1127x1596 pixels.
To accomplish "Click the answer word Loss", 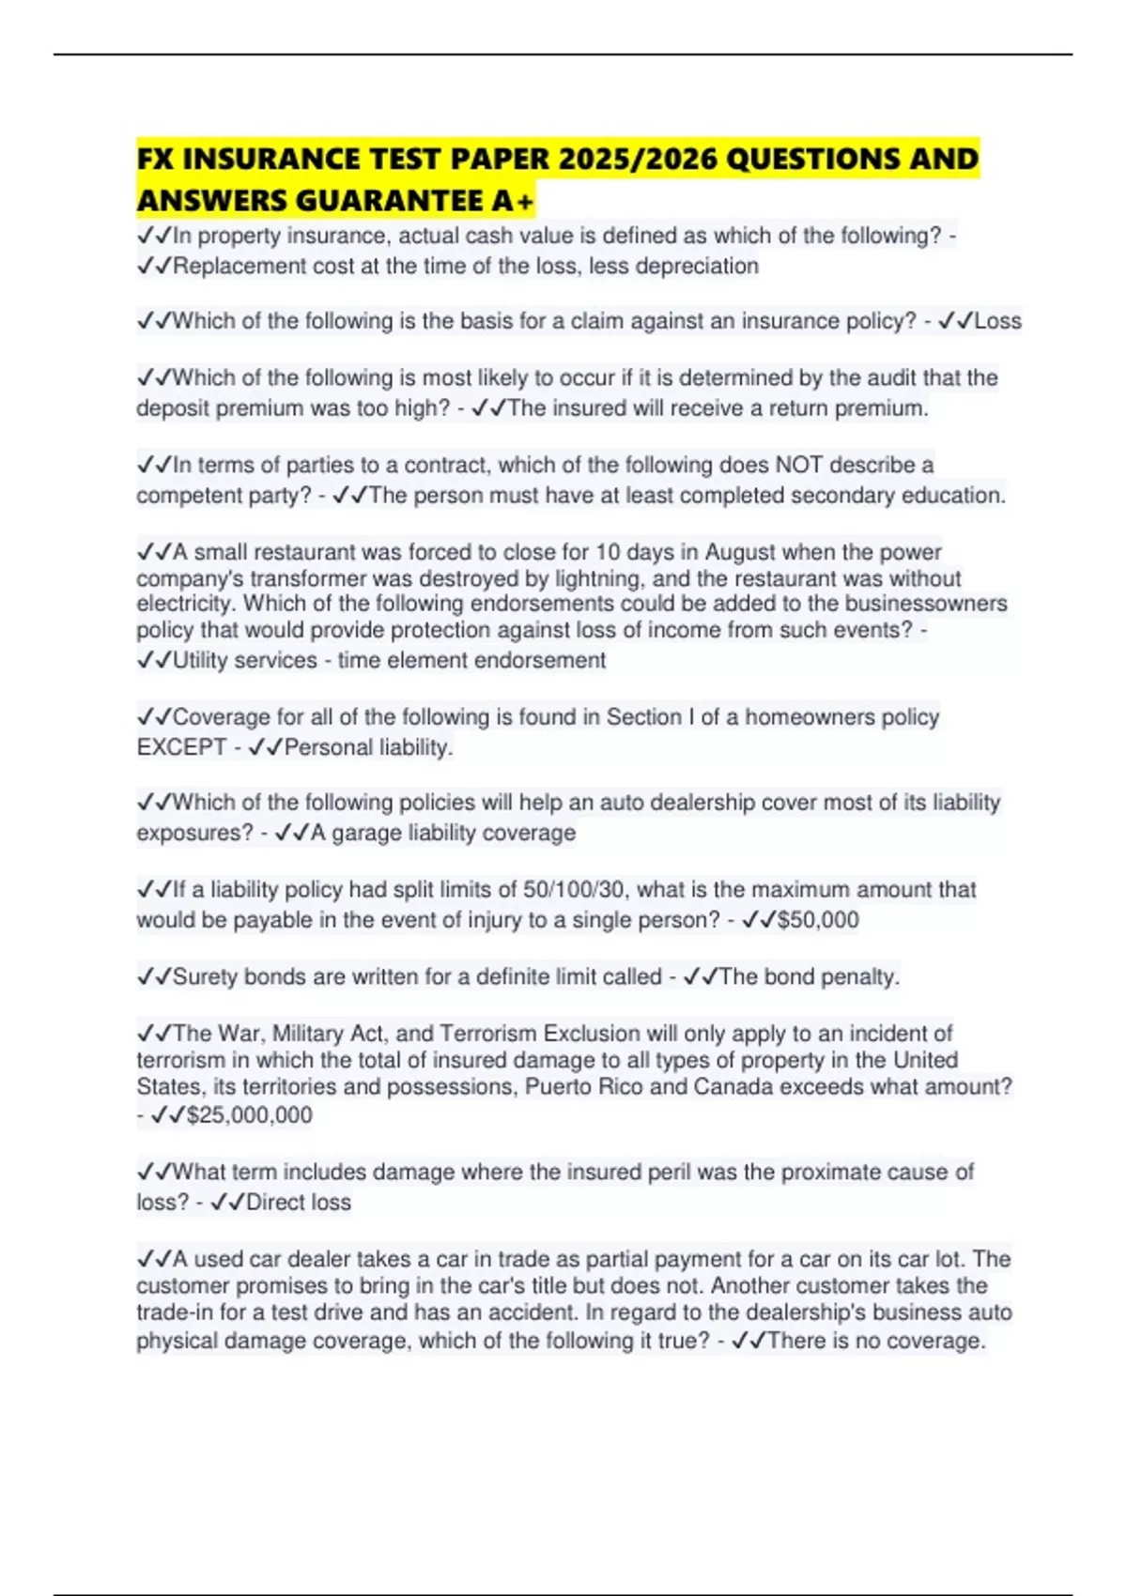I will (x=997, y=321).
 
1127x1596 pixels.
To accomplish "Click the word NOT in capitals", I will (x=798, y=465).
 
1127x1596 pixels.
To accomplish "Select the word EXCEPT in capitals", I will (x=181, y=747).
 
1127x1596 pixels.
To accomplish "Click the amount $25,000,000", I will (x=250, y=1115).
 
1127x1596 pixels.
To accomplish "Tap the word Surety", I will (x=206, y=976).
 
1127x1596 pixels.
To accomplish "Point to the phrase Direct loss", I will (x=298, y=1202).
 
